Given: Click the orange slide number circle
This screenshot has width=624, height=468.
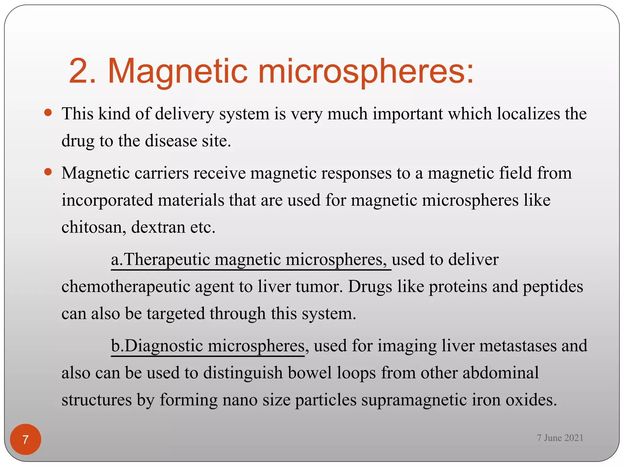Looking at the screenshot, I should [26, 439].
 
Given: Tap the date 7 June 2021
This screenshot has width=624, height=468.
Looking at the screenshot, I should [560, 438].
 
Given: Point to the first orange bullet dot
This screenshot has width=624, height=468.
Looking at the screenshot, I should [48, 113].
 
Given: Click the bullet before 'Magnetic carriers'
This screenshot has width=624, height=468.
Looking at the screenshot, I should [48, 172].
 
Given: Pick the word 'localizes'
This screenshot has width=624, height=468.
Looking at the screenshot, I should [528, 114].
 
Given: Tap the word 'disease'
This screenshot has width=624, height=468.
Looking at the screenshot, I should [171, 141].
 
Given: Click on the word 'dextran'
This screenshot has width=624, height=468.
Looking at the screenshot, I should [158, 227].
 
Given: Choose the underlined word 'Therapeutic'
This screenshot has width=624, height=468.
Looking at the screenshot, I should [167, 260].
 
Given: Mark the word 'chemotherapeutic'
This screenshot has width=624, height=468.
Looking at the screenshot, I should [126, 287].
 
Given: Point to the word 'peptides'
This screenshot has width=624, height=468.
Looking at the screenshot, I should [553, 287].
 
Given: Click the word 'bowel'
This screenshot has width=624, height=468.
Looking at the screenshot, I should [310, 373].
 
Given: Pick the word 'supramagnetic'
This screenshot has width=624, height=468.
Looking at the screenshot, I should [414, 400].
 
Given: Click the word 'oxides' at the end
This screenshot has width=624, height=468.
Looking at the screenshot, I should [531, 400].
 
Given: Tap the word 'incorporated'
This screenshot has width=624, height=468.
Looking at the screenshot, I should [107, 200].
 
